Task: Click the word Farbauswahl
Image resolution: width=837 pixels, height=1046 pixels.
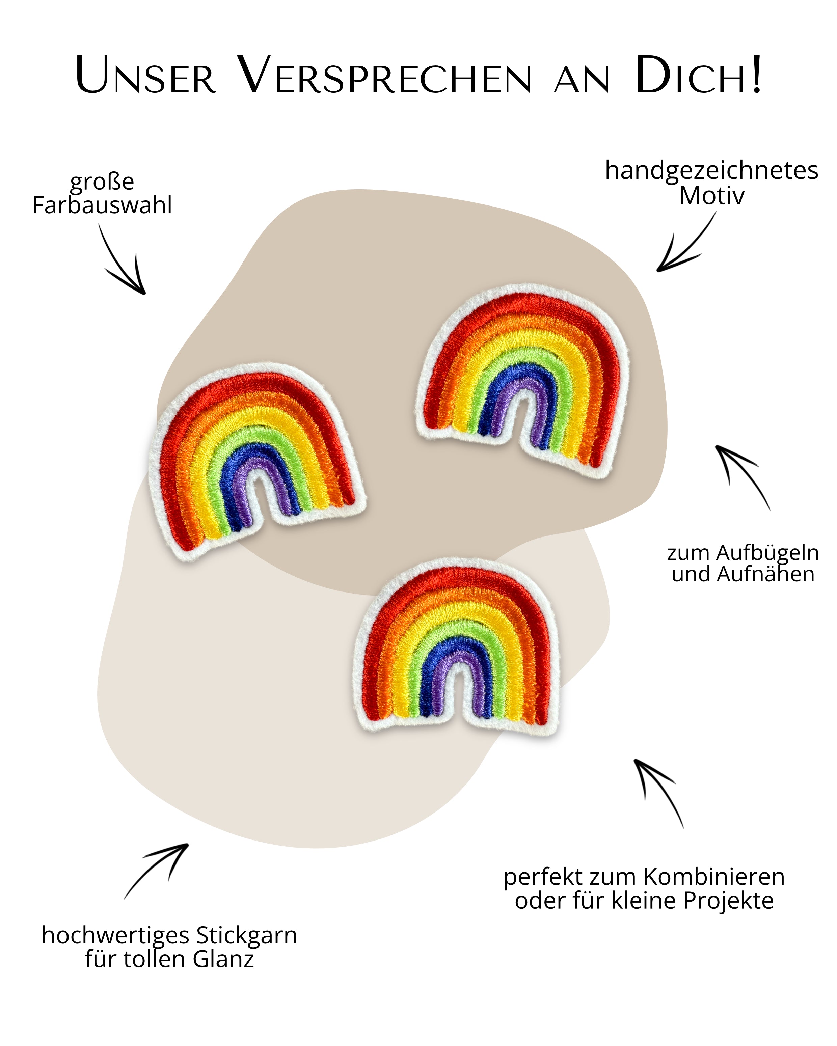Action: click(102, 205)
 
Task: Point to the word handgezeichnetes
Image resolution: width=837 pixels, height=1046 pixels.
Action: click(711, 171)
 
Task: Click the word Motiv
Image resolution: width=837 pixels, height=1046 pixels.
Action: click(711, 196)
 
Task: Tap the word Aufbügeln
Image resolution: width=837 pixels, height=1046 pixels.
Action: click(767, 553)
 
